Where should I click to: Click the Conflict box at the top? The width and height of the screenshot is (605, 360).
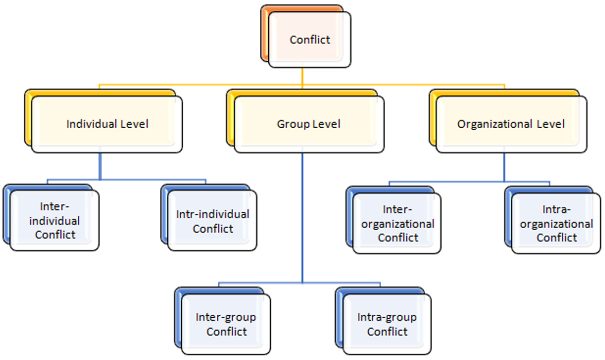point(309,40)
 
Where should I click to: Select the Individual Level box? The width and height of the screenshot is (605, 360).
point(107,124)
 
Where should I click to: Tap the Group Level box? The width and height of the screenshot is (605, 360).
point(309,124)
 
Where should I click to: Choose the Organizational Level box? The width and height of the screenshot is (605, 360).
point(511,124)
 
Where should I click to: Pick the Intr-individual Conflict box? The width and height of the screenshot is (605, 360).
point(212,221)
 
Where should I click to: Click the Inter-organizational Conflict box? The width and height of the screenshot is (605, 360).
point(397,224)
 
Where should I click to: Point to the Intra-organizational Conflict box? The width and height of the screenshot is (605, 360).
point(556,224)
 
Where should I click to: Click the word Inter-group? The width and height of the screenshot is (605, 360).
point(226,317)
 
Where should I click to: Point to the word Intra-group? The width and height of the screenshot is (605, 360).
point(387,317)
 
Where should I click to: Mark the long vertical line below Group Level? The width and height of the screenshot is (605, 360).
point(302,216)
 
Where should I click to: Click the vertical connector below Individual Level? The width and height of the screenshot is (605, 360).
point(100,166)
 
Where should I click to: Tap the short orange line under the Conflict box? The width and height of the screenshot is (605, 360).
point(302,75)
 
